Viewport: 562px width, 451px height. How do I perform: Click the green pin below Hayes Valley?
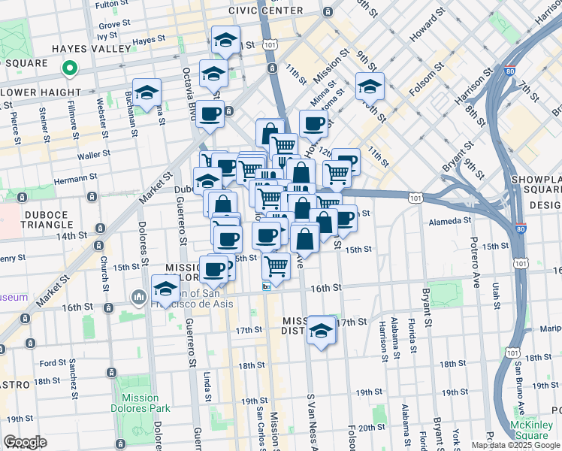coord(69,69)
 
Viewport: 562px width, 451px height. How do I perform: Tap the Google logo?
coord(25,442)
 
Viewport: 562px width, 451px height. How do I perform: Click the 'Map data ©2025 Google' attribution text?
coord(515,445)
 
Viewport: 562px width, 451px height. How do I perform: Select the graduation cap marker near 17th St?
coord(322,330)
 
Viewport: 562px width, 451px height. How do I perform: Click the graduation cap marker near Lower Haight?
coord(147,92)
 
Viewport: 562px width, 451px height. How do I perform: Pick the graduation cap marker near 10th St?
coord(370,86)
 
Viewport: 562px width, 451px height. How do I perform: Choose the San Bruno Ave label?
coord(518,387)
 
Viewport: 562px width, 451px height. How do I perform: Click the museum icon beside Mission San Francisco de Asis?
coord(139,298)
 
